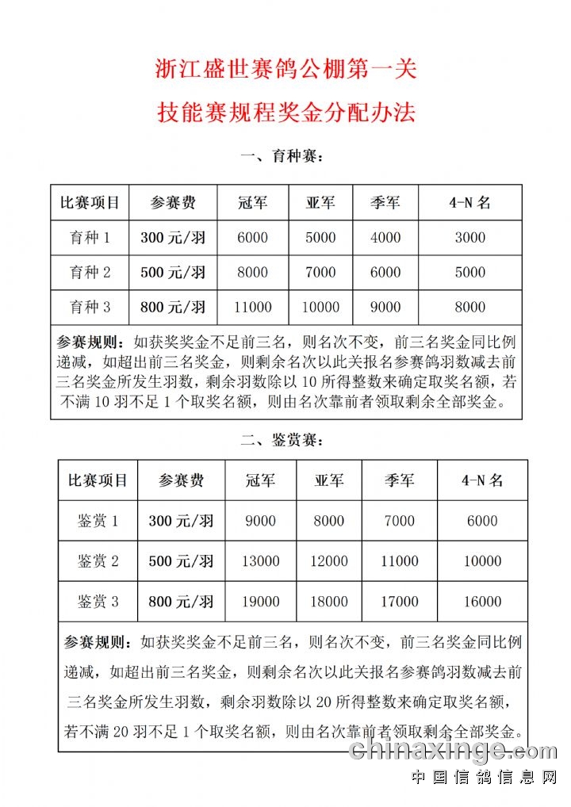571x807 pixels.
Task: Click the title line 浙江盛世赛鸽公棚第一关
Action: tap(285, 70)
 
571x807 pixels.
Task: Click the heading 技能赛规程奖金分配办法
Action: tap(285, 113)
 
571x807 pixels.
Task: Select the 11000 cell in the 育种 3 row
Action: tap(253, 308)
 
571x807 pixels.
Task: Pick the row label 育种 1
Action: tap(90, 238)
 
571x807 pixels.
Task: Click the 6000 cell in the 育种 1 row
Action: tap(253, 238)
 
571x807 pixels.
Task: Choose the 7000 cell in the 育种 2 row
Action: tap(320, 273)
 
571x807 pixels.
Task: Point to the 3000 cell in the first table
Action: tap(469, 238)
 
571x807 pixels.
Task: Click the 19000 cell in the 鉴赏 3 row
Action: tap(260, 602)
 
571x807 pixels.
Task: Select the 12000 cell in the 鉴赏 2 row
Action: tap(328, 561)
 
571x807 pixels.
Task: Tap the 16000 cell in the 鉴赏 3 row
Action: tap(482, 602)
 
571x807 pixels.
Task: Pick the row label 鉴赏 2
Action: tap(98, 561)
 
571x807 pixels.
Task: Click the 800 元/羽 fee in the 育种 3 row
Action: tap(173, 308)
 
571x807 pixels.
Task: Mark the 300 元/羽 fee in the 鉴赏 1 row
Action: tap(181, 521)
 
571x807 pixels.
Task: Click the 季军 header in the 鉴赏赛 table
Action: tap(399, 480)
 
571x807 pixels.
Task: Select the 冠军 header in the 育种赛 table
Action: tap(253, 203)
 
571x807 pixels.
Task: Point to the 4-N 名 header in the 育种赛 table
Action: tap(469, 203)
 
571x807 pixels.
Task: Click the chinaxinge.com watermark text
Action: tap(453, 750)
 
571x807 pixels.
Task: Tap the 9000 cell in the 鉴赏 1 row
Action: tap(260, 521)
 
